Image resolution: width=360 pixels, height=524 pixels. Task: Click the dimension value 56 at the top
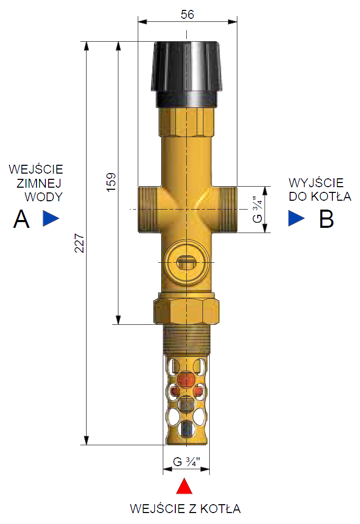[x=187, y=15]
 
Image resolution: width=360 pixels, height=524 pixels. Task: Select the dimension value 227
[x=79, y=243]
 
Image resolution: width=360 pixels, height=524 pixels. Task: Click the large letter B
[x=327, y=220]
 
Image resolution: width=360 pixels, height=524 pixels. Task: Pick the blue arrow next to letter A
[x=51, y=218]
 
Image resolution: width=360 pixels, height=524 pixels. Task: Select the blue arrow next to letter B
[x=296, y=218]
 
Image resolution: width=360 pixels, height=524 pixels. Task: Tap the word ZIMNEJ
[x=40, y=183]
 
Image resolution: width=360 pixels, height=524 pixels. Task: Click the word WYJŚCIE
[x=316, y=183]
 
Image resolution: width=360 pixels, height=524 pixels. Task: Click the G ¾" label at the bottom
[x=186, y=462]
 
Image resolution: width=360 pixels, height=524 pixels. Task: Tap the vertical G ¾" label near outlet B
[x=256, y=210]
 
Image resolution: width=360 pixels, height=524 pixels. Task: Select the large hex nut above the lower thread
[x=186, y=309]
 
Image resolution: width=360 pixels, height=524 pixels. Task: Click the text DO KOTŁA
[x=320, y=197]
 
